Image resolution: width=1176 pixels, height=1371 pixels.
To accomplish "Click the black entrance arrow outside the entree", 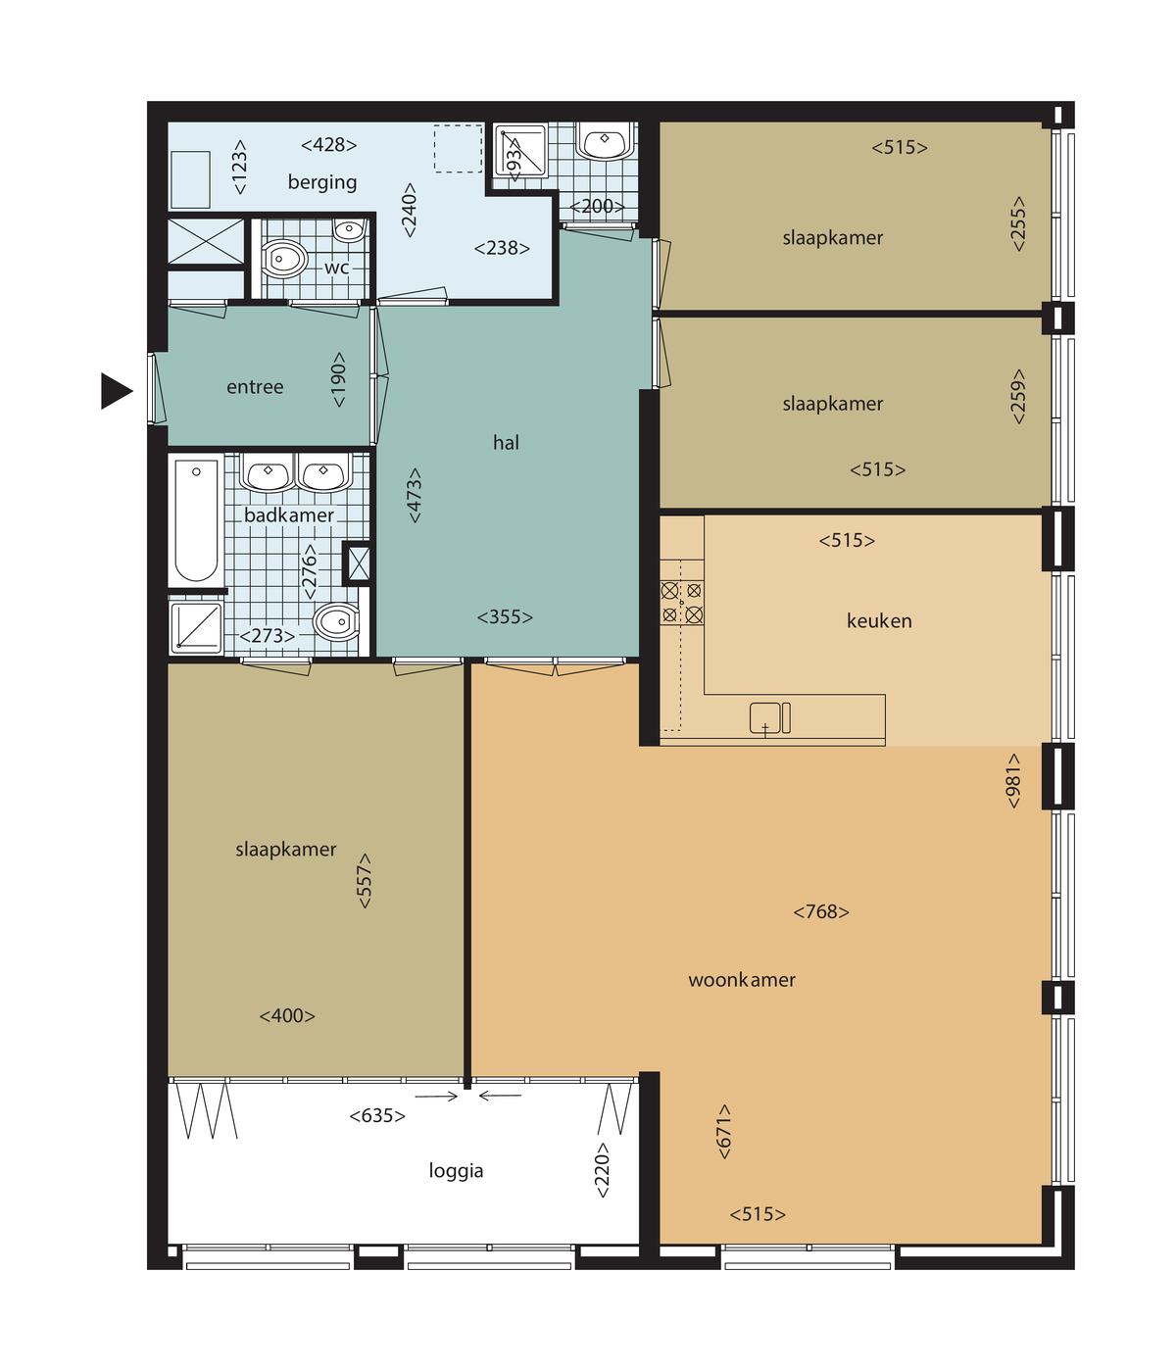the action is click(x=115, y=391).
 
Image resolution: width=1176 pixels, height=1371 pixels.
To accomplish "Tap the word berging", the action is click(x=321, y=182).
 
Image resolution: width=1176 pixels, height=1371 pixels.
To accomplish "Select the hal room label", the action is click(x=506, y=442).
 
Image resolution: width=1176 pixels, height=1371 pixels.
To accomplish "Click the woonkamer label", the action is click(x=742, y=980).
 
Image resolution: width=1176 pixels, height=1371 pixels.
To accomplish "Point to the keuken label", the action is click(x=879, y=621).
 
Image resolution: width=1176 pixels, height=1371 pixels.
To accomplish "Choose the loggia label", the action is click(x=456, y=1170).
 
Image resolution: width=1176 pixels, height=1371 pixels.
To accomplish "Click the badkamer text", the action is click(x=288, y=515).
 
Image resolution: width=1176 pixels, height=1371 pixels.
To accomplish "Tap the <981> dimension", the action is click(x=1013, y=781).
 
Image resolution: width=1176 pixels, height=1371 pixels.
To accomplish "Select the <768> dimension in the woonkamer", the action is click(x=821, y=912).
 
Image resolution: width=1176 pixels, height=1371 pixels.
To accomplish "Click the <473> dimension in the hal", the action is click(x=414, y=496).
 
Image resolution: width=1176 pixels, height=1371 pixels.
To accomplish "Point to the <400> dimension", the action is click(x=286, y=1015).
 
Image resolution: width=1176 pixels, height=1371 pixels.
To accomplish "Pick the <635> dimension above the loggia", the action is click(x=376, y=1115).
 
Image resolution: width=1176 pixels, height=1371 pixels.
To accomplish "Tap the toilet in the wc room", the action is click(x=284, y=259).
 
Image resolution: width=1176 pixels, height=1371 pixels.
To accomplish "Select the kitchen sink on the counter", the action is click(x=769, y=717).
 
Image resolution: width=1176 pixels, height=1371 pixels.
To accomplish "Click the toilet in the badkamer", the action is click(x=336, y=621).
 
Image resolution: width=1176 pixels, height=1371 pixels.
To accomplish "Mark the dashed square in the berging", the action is click(x=458, y=149).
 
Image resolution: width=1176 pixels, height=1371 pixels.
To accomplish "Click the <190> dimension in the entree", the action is click(x=338, y=380).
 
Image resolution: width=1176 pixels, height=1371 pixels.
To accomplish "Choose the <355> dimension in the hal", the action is click(x=505, y=616).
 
